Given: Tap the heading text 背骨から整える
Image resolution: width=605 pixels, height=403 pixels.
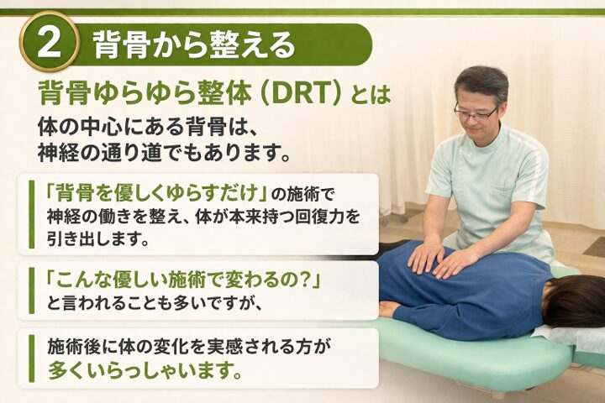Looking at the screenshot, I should (192, 44).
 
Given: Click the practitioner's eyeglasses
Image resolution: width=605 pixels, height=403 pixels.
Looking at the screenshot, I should (476, 109).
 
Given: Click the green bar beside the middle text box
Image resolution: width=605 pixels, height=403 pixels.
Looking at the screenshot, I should (31, 290).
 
